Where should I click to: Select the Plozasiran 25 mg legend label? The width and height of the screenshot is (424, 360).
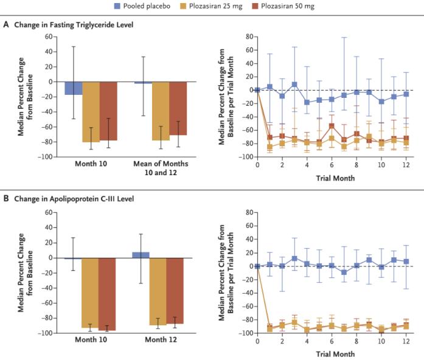[226, 7]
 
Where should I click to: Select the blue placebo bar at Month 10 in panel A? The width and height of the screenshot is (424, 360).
[74, 88]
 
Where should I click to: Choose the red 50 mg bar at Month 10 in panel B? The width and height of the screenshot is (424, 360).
[108, 294]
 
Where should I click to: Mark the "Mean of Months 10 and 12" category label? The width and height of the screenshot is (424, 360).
[161, 168]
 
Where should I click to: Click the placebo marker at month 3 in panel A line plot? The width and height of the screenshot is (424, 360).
[294, 85]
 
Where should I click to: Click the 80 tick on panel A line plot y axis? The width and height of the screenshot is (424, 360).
[248, 36]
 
